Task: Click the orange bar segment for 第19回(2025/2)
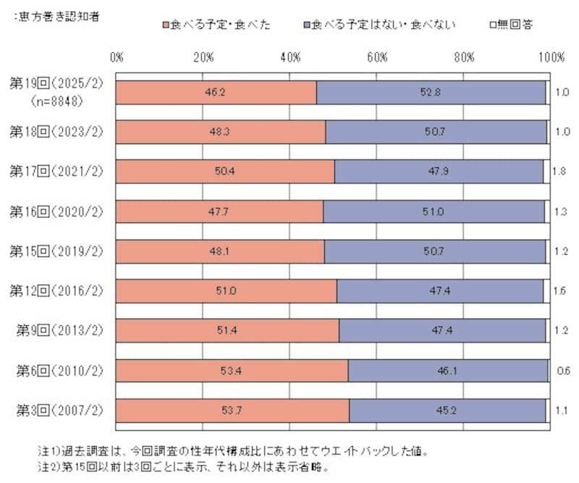pyautogui.click(x=216, y=93)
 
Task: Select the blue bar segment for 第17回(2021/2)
pyautogui.click(x=439, y=172)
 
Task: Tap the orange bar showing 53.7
pyautogui.click(x=232, y=411)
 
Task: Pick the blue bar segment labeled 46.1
pyautogui.click(x=448, y=371)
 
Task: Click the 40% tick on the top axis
pyautogui.click(x=291, y=57)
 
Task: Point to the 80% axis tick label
pyautogui.click(x=465, y=57)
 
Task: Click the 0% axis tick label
pyautogui.click(x=117, y=57)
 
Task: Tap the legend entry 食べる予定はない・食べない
pyautogui.click(x=380, y=25)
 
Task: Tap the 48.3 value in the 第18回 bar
pyautogui.click(x=220, y=132)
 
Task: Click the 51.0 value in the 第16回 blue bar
pyautogui.click(x=434, y=211)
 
